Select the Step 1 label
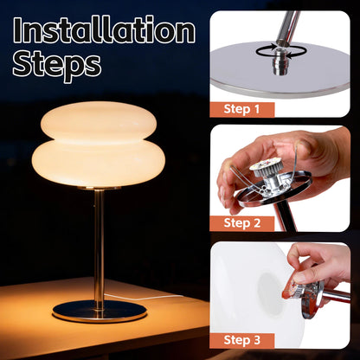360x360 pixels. [242, 109]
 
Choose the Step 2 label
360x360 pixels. [242, 222]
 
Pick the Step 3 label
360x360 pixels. [242, 338]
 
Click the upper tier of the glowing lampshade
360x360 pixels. [98, 124]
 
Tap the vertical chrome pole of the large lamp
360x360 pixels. [99, 242]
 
